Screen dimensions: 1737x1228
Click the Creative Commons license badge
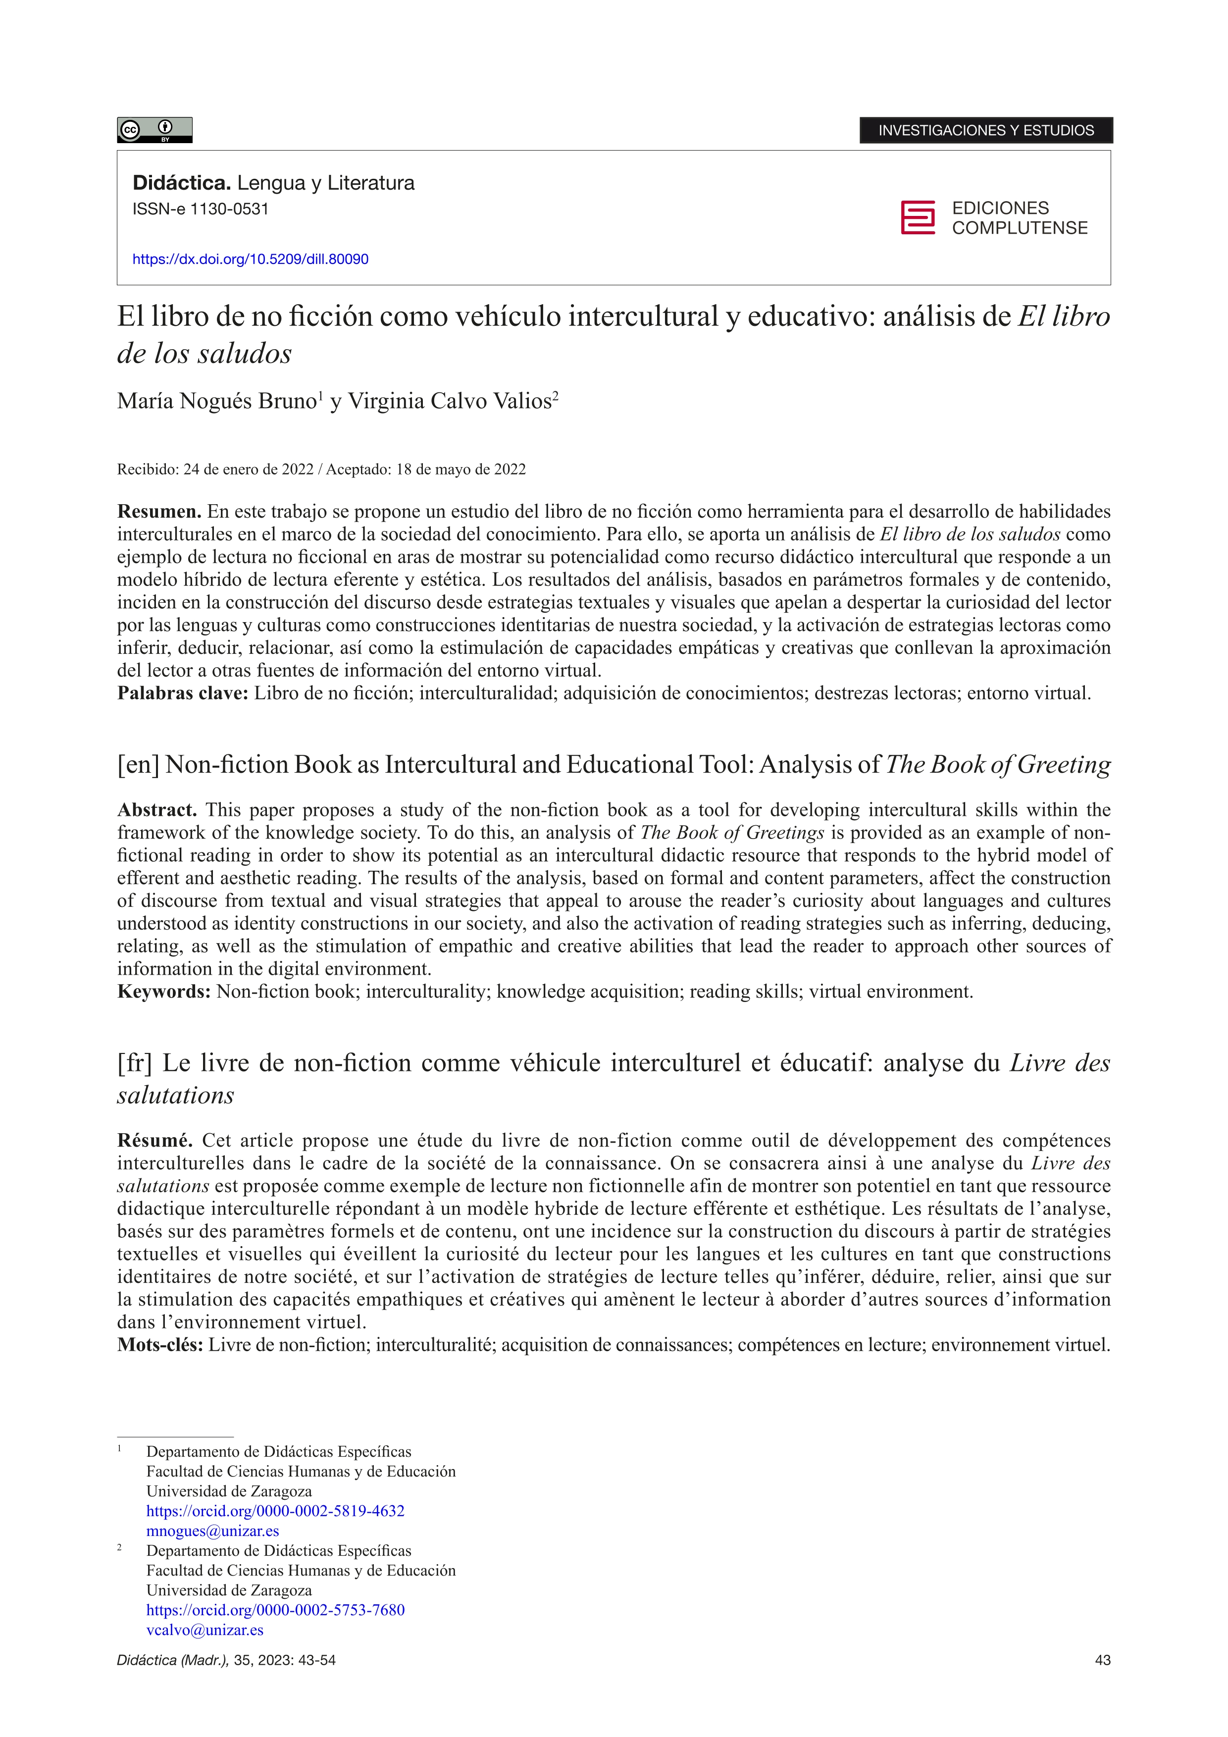(154, 130)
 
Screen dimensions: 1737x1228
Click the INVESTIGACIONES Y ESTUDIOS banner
(985, 130)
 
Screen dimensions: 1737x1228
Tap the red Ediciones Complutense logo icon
(917, 218)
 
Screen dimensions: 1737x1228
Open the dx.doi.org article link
(250, 260)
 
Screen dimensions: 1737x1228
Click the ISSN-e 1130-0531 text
(201, 210)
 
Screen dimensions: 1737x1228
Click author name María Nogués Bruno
(216, 401)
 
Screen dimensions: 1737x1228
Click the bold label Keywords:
(163, 992)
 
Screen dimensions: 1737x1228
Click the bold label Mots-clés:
(159, 1345)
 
